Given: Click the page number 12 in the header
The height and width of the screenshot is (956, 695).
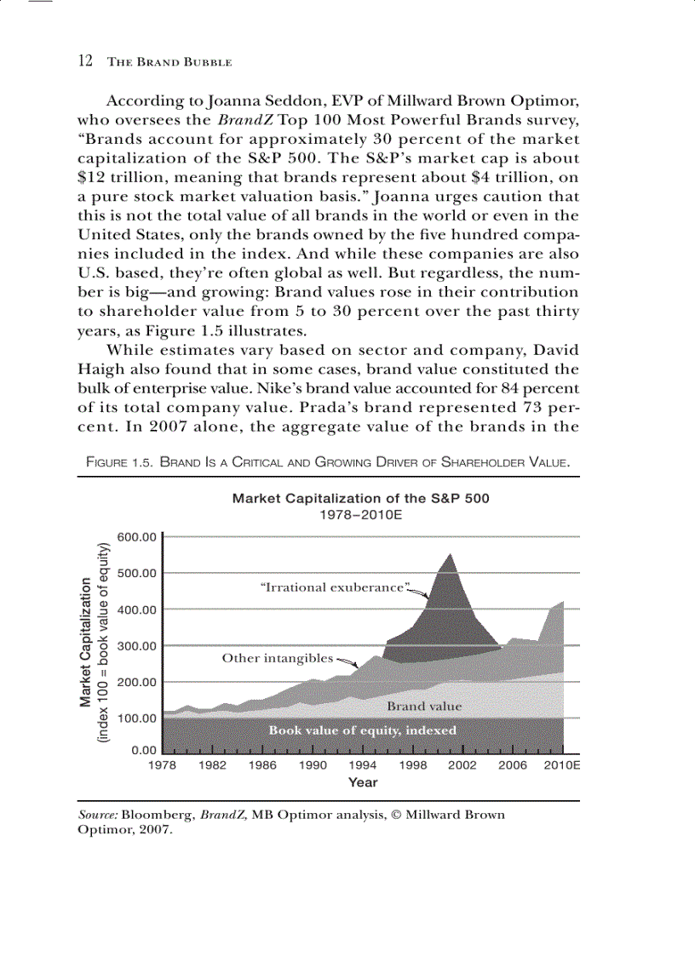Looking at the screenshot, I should [x=84, y=61].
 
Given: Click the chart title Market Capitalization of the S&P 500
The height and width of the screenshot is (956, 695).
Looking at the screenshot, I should [x=360, y=498].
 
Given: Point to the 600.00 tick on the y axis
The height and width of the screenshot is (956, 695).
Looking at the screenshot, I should [x=138, y=536].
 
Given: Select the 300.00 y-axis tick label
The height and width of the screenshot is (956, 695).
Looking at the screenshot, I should [x=138, y=645].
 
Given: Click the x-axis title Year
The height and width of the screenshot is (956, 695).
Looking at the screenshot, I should [x=363, y=782].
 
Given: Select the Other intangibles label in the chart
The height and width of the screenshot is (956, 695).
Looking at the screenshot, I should [x=277, y=658].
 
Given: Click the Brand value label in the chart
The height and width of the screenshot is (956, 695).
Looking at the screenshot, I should [x=424, y=706].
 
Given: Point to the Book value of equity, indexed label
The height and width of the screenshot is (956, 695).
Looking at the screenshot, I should [x=362, y=730].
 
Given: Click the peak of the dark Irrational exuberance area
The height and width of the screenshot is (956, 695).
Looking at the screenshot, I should [x=450, y=554].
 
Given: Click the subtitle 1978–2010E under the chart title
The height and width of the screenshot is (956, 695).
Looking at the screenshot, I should [x=360, y=515].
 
